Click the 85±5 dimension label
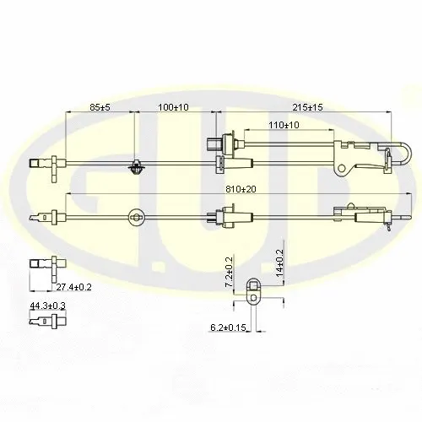pos(100,107)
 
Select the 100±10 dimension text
pos(173,107)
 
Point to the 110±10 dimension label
pos(283,125)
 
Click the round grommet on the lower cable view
pos(135,219)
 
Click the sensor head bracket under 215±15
pos(350,155)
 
